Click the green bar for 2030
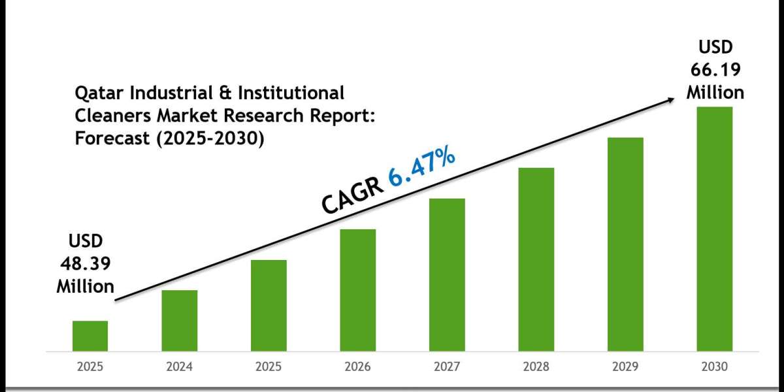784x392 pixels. (x=715, y=229)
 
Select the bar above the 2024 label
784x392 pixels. (x=180, y=320)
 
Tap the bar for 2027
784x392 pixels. (x=448, y=274)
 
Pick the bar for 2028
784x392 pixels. (x=536, y=259)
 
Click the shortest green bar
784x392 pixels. (x=90, y=335)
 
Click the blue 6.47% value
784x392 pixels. (x=423, y=169)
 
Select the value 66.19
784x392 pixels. (x=715, y=69)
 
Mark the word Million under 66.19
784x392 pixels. (x=715, y=92)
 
